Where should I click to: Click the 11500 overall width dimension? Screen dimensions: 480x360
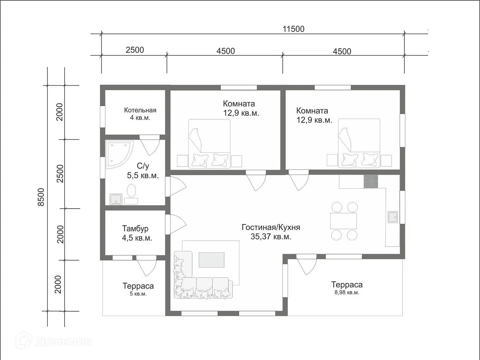[293, 29]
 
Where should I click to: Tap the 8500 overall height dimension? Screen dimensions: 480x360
[41, 197]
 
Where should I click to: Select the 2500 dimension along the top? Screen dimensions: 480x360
[135, 50]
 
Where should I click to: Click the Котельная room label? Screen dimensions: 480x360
[140, 110]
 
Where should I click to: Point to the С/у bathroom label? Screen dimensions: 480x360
[143, 166]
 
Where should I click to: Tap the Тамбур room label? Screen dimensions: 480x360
[135, 228]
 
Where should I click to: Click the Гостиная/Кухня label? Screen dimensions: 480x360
[271, 227]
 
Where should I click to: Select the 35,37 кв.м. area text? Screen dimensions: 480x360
[271, 237]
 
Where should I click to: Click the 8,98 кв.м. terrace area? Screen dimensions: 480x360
[347, 292]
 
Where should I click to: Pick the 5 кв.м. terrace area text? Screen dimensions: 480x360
[138, 294]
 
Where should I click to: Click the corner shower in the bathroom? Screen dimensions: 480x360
[119, 155]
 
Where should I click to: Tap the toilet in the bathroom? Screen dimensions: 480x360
[131, 191]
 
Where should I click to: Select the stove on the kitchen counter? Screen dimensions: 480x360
[371, 181]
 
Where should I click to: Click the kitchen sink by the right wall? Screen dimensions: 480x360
[393, 217]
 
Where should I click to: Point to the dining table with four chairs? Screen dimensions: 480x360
[344, 221]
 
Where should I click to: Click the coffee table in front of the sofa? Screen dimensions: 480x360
[211, 260]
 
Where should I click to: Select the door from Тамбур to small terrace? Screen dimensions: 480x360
[146, 265]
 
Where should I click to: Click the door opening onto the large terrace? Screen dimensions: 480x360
[306, 264]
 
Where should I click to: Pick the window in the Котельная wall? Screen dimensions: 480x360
[103, 117]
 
